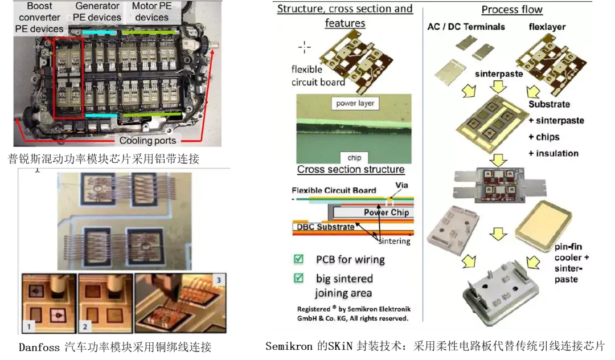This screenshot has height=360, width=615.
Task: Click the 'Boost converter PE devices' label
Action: [40, 17]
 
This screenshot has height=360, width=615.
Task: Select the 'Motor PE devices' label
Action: [152, 11]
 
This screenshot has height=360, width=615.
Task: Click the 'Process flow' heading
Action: [512, 10]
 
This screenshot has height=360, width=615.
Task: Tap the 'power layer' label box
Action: [355, 103]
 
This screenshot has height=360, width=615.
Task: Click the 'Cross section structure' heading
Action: [351, 170]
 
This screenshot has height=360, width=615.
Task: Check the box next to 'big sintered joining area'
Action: [298, 279]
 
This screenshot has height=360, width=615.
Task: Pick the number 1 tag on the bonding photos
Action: [28, 327]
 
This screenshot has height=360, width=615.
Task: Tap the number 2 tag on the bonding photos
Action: [84, 327]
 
